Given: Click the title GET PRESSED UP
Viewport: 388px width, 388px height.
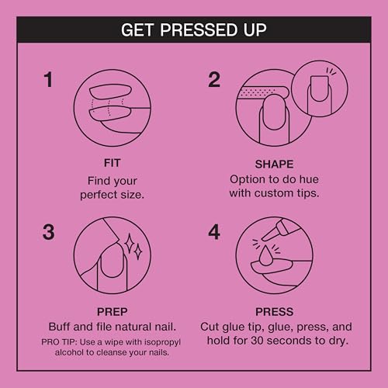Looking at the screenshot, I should (x=194, y=31).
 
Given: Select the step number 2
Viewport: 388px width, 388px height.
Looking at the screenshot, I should (x=215, y=80).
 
